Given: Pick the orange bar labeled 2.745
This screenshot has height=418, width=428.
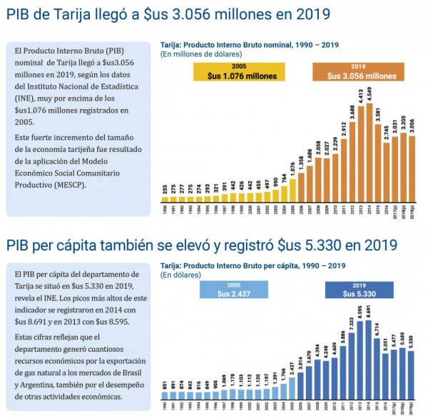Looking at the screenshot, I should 387,171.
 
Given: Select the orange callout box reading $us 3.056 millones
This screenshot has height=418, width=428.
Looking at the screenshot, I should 362,72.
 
